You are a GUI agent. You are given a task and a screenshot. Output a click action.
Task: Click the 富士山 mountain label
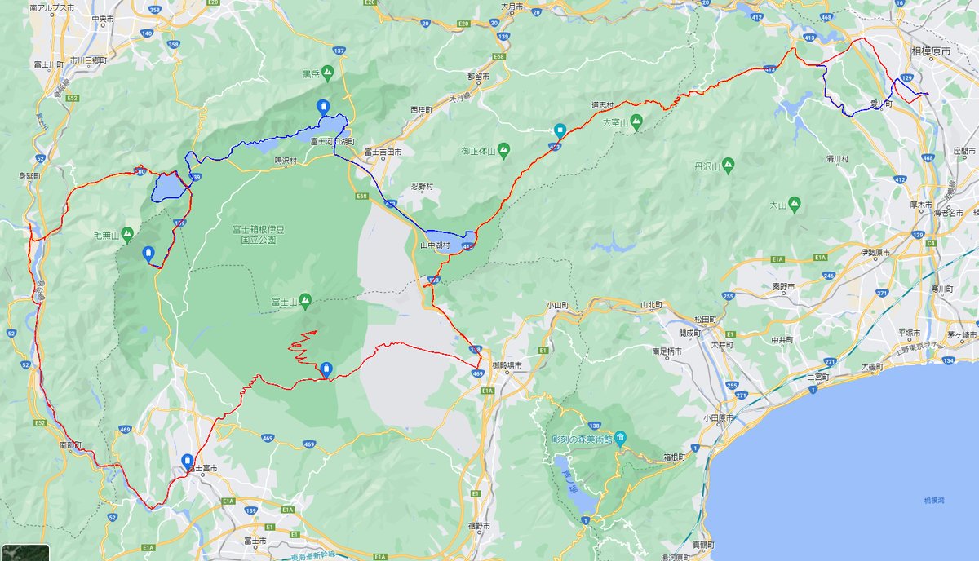pyautogui.click(x=284, y=302)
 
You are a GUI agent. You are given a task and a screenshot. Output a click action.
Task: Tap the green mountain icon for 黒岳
pyautogui.click(x=328, y=73)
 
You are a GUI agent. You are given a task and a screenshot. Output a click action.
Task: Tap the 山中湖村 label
pyautogui.click(x=435, y=245)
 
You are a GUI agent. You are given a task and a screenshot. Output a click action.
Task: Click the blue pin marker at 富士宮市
pyautogui.click(x=188, y=461)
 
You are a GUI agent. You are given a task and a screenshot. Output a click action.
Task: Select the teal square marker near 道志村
pyautogui.click(x=560, y=130)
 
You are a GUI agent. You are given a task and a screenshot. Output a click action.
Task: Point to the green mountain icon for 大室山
pyautogui.click(x=636, y=122)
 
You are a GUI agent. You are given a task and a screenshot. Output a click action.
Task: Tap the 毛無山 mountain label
pyautogui.click(x=107, y=236)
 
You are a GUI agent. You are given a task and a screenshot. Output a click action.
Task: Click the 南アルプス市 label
pyautogui.click(x=51, y=7)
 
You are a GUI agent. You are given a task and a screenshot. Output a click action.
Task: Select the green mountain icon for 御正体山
pyautogui.click(x=504, y=150)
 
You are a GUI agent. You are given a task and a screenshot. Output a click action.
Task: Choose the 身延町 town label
pyautogui.click(x=31, y=175)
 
